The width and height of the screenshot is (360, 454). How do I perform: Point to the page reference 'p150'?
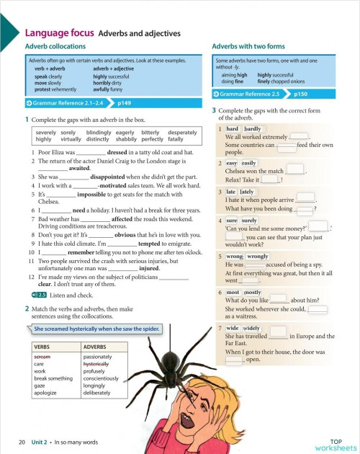coord(301,94)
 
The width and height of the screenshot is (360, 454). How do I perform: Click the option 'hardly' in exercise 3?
coord(253,128)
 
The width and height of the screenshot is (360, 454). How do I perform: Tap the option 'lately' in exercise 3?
coord(246,192)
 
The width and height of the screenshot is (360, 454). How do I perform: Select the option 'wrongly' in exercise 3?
coord(258,256)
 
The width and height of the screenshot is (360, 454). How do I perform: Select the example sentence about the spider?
coord(96,329)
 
